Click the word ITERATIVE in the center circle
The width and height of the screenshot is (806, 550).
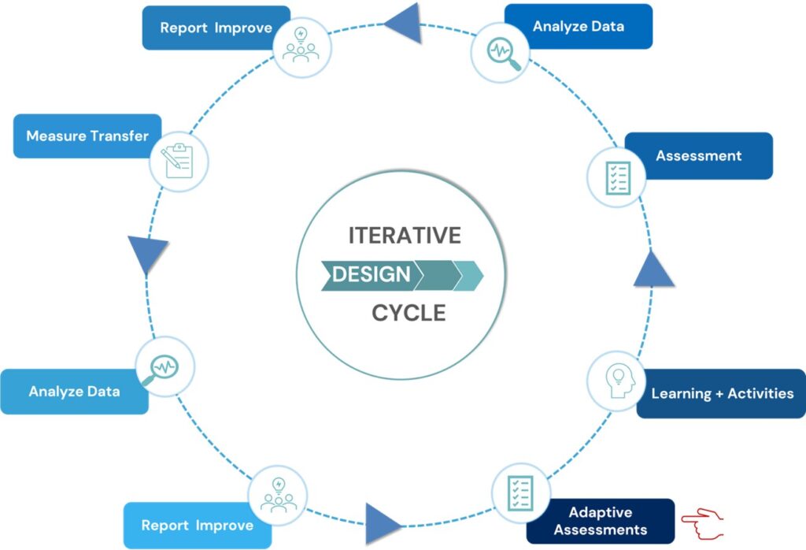[x=404, y=236]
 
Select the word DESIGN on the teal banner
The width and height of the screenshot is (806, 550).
[x=371, y=274]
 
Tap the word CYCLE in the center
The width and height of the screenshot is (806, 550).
[x=409, y=313]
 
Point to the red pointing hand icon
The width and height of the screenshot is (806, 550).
[x=702, y=521]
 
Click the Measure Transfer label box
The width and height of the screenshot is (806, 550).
[x=87, y=136]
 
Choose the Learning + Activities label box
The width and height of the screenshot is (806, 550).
[x=722, y=393]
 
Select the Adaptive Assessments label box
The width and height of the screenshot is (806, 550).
[x=600, y=521]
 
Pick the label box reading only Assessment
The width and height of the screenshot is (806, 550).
[x=698, y=155]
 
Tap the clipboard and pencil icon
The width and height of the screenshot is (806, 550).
[x=178, y=162]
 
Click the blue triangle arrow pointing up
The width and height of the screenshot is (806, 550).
[x=653, y=271]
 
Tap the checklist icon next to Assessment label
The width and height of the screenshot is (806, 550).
[x=616, y=177]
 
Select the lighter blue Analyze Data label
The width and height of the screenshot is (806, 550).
[x=74, y=391]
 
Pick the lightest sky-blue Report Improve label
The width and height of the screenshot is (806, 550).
[x=197, y=526]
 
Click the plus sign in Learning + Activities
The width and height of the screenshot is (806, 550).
[x=719, y=393]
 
